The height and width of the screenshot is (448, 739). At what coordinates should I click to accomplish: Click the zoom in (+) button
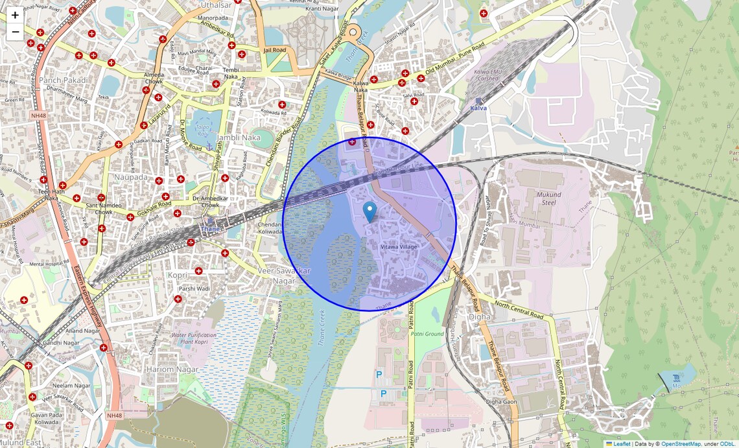tap(15, 15)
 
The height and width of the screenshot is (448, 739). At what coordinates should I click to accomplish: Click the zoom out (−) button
tap(15, 32)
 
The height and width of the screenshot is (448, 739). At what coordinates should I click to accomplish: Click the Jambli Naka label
tap(239, 137)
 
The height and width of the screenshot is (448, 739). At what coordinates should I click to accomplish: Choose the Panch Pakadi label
tap(63, 80)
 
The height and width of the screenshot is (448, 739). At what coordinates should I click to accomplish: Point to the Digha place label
tap(479, 317)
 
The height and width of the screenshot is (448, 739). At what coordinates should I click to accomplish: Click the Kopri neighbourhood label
tap(178, 276)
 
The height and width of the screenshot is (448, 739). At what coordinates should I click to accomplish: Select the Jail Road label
tap(275, 50)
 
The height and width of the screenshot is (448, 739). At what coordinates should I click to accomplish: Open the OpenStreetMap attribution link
tap(681, 443)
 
